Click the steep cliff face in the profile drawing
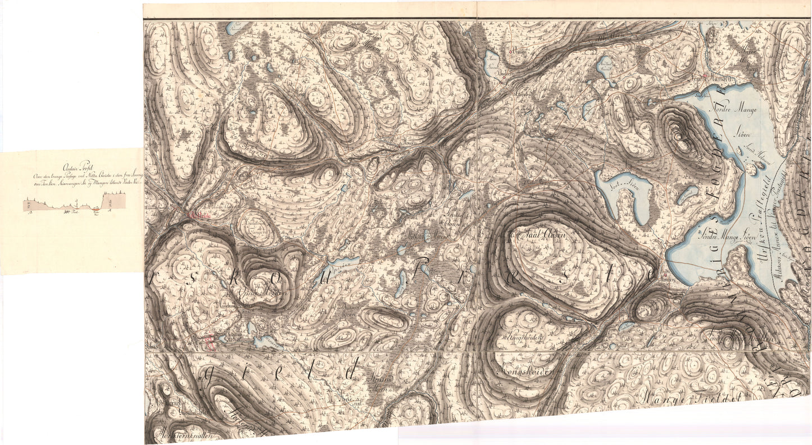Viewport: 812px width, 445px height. pyautogui.click(x=103, y=201)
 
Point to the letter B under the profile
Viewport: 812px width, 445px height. pyautogui.click(x=31, y=212)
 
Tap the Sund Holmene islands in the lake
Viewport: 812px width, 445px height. pyautogui.click(x=750, y=167)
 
